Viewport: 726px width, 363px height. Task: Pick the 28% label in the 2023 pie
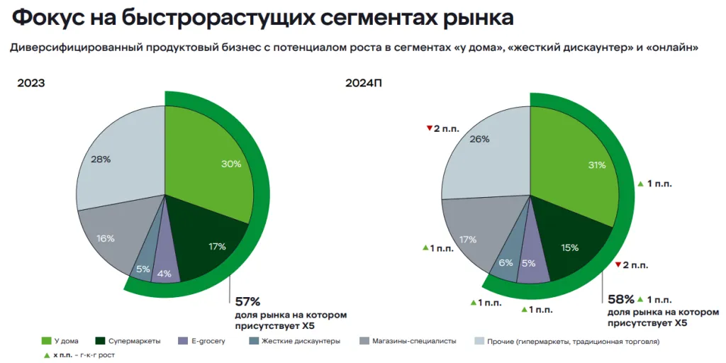click(101, 160)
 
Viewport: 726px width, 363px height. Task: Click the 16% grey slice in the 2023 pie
click(106, 238)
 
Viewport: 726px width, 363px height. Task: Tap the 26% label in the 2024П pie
click(479, 139)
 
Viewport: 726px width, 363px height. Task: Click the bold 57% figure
click(248, 301)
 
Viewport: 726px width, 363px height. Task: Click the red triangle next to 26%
click(429, 128)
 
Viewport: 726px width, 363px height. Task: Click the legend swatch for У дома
click(47, 341)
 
